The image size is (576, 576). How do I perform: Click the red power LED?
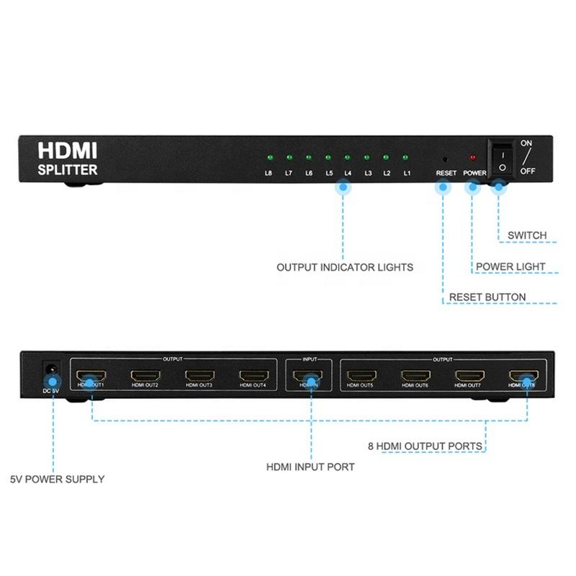(x=473, y=157)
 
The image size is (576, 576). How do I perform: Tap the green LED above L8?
(x=269, y=157)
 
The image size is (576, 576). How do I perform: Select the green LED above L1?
(x=405, y=157)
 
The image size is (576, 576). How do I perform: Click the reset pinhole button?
(x=445, y=158)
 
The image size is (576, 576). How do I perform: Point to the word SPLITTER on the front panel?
(x=68, y=171)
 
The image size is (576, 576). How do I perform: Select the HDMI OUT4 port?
(x=253, y=375)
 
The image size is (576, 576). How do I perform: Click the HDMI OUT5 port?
(x=361, y=375)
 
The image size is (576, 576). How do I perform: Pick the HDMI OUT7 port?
(x=469, y=375)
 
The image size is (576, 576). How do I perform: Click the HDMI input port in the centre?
(x=307, y=375)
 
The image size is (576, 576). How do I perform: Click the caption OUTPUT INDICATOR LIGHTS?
(x=345, y=268)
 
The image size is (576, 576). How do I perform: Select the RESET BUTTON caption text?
(x=487, y=297)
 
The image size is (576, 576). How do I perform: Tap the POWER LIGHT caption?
(x=510, y=267)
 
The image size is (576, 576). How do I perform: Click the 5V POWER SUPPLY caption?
(x=57, y=479)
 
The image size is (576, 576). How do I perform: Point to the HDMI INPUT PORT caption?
(x=310, y=467)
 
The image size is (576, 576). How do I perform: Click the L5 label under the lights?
(x=329, y=174)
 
